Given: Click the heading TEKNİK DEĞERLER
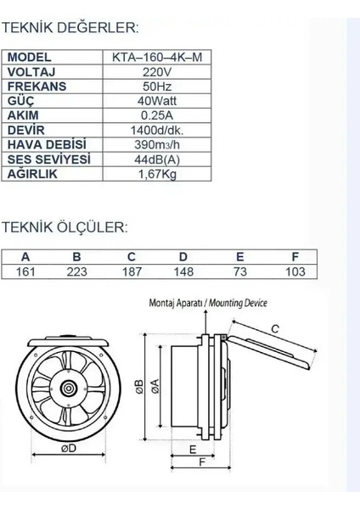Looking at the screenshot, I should click(70, 28).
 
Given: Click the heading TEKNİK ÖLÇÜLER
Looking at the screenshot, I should click(65, 227).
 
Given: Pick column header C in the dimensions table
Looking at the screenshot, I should click(131, 257).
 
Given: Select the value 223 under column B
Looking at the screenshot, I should click(77, 271).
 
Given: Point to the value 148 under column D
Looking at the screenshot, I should click(184, 271).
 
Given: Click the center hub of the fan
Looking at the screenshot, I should click(67, 389).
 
